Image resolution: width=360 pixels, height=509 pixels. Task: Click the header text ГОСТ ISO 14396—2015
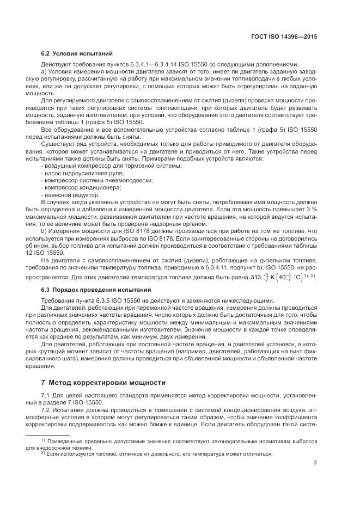289,36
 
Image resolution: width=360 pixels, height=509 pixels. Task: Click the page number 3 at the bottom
315,463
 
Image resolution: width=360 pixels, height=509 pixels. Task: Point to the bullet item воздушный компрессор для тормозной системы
112,165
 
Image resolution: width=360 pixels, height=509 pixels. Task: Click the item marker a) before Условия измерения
44,71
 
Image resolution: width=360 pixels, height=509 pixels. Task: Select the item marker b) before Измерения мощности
44,231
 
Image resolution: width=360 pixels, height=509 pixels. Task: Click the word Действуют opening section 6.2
57,64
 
